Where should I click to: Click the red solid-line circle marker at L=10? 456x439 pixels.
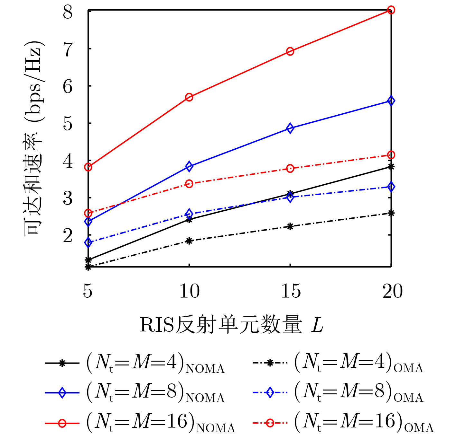pyautogui.click(x=189, y=97)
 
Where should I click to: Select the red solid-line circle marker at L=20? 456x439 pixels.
pyautogui.click(x=391, y=10)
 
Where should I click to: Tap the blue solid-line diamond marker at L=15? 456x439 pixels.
pyautogui.click(x=290, y=128)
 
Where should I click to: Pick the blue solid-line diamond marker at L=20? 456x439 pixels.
pyautogui.click(x=391, y=101)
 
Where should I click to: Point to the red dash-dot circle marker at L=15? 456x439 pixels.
pyautogui.click(x=290, y=169)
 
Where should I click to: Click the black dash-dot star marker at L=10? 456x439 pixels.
pyautogui.click(x=189, y=241)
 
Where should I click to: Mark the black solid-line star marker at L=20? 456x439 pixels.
pyautogui.click(x=391, y=167)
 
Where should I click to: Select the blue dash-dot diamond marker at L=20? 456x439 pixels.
pyautogui.click(x=391, y=187)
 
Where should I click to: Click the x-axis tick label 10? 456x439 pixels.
pyautogui.click(x=189, y=291)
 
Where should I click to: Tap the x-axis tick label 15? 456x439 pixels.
pyautogui.click(x=291, y=291)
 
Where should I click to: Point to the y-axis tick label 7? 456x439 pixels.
pyautogui.click(x=68, y=49)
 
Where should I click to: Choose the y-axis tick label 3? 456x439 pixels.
pyautogui.click(x=68, y=198)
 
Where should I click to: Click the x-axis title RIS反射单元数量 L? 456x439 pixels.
pyautogui.click(x=231, y=325)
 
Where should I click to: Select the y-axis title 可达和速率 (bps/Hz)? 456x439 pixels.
pyautogui.click(x=34, y=138)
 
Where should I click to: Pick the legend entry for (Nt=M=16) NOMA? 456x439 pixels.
pyautogui.click(x=140, y=423)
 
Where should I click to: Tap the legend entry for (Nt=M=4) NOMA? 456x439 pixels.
pyautogui.click(x=135, y=363)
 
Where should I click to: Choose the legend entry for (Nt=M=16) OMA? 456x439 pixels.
pyautogui.click(x=343, y=423)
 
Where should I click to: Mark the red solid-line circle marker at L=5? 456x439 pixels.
pyautogui.click(x=88, y=167)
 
